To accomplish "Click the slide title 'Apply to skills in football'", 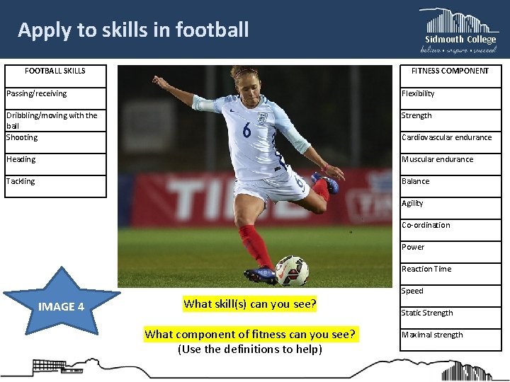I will click(133, 30).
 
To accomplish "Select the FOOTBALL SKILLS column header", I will click(55, 71).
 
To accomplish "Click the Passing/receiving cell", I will click(55, 93).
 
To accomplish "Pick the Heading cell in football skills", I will click(55, 159).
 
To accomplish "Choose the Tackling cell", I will click(55, 182).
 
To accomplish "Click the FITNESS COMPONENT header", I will click(450, 71).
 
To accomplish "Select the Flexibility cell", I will click(450, 93).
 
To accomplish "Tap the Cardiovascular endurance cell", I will click(450, 137).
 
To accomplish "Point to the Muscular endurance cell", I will click(450, 159).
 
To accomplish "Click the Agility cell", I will click(450, 203).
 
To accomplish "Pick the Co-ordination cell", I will click(450, 225).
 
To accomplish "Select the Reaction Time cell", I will click(450, 269).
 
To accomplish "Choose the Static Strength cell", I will click(450, 313).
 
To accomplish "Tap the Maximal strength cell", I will click(450, 335).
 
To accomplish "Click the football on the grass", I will click(291, 270).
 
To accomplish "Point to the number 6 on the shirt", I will click(246, 129).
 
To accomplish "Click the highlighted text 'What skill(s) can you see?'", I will click(249, 304).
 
